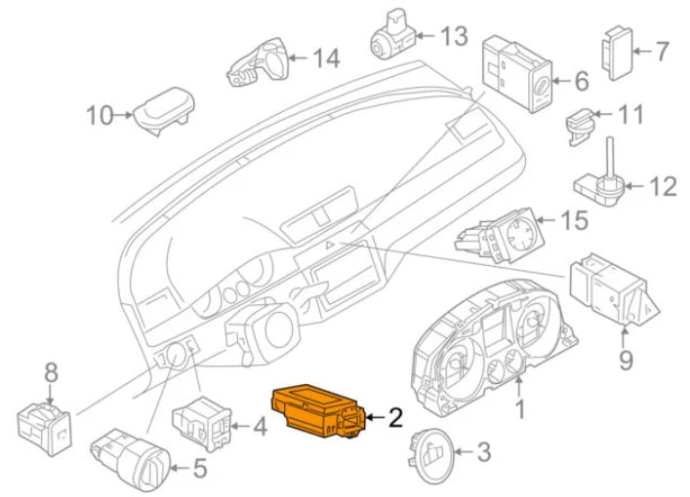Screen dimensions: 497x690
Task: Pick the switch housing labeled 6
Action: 516,77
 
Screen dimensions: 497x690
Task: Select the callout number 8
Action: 52,370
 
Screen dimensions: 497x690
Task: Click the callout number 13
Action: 454,37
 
